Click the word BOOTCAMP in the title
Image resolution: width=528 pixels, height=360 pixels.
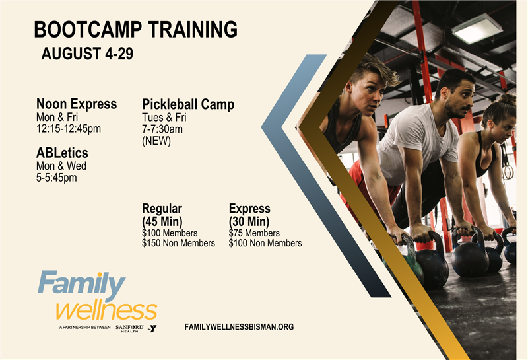(88, 29)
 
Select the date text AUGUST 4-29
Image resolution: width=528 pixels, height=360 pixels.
(87, 54)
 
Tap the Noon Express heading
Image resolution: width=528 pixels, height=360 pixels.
(77, 104)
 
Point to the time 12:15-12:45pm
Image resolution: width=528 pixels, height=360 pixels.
(69, 129)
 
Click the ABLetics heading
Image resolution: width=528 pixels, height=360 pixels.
(62, 153)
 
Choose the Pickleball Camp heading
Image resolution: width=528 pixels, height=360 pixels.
(188, 104)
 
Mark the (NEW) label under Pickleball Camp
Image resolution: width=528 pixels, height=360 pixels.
(156, 141)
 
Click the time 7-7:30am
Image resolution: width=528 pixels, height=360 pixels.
(162, 129)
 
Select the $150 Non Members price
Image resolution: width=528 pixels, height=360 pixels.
(178, 243)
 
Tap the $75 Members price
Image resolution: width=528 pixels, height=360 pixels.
(254, 233)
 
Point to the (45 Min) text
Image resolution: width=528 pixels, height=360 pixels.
(162, 221)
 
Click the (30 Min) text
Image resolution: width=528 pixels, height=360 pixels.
(249, 221)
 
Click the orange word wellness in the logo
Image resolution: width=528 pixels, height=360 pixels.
(106, 310)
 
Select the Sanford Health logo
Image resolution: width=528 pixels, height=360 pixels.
(129, 328)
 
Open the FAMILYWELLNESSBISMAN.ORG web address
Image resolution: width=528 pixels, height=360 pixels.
(239, 327)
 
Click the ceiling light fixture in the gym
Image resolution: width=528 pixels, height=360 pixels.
(477, 28)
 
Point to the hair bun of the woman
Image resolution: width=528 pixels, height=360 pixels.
(507, 100)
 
